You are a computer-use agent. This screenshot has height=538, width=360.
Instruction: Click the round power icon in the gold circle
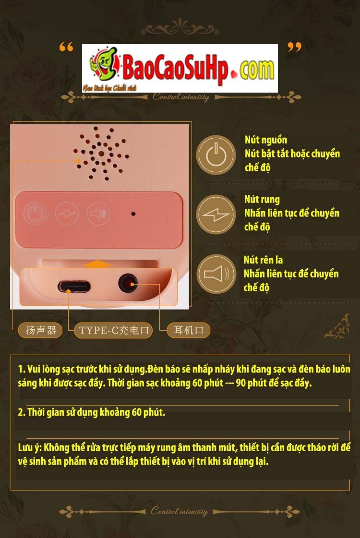tap(216, 155)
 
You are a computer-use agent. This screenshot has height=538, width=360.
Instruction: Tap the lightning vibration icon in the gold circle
tap(216, 215)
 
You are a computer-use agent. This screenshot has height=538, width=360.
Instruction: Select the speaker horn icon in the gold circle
tap(216, 274)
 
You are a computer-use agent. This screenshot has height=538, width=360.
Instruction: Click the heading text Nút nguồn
tap(266, 140)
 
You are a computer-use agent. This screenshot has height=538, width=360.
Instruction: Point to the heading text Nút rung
tap(262, 200)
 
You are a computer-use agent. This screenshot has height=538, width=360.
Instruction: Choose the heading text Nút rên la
tap(263, 260)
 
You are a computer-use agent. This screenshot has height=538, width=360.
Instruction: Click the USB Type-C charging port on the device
tap(73, 287)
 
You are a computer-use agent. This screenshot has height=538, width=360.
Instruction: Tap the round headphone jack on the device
tap(128, 283)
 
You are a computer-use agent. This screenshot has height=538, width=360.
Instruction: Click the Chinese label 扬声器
tap(41, 330)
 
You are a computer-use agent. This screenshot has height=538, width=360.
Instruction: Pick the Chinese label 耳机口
tap(188, 330)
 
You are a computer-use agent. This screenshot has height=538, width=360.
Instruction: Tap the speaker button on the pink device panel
tap(96, 213)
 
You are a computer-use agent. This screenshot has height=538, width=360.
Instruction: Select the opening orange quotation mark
tap(66, 48)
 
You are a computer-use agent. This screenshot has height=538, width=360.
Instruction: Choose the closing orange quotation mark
tap(294, 48)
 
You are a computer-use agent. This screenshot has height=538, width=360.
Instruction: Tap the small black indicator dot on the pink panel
tap(133, 214)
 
